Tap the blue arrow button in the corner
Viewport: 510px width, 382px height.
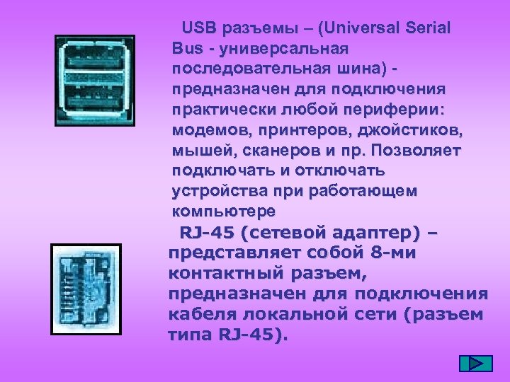tap(475, 363)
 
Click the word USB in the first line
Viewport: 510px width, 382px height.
tap(198, 29)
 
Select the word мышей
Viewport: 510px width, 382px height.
tap(197, 151)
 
